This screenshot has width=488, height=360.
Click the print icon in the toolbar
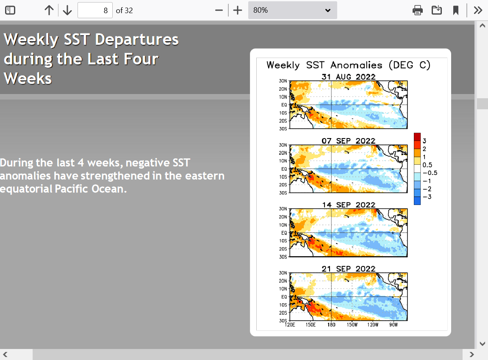point(417,10)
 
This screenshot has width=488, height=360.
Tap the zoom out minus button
point(219,10)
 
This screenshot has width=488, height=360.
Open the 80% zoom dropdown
point(292,10)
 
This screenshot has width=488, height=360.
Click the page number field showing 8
point(95,10)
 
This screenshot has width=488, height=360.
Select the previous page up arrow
point(49,10)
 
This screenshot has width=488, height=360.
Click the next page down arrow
point(67,10)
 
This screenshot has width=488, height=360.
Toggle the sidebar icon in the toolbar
point(10,10)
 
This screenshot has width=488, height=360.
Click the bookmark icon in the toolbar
point(456,10)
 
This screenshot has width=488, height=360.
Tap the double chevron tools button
point(478,10)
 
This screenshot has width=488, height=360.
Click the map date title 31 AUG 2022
point(348,77)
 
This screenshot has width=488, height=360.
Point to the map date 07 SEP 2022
point(348,141)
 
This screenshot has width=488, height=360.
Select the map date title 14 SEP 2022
point(348,205)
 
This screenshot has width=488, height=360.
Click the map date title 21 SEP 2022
point(348,269)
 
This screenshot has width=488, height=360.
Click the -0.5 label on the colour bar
point(430,173)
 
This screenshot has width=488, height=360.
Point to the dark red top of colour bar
point(417,137)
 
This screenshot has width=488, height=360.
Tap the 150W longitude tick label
point(352,325)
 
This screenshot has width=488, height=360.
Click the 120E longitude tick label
point(290,325)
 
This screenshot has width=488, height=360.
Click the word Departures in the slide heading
point(137,39)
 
